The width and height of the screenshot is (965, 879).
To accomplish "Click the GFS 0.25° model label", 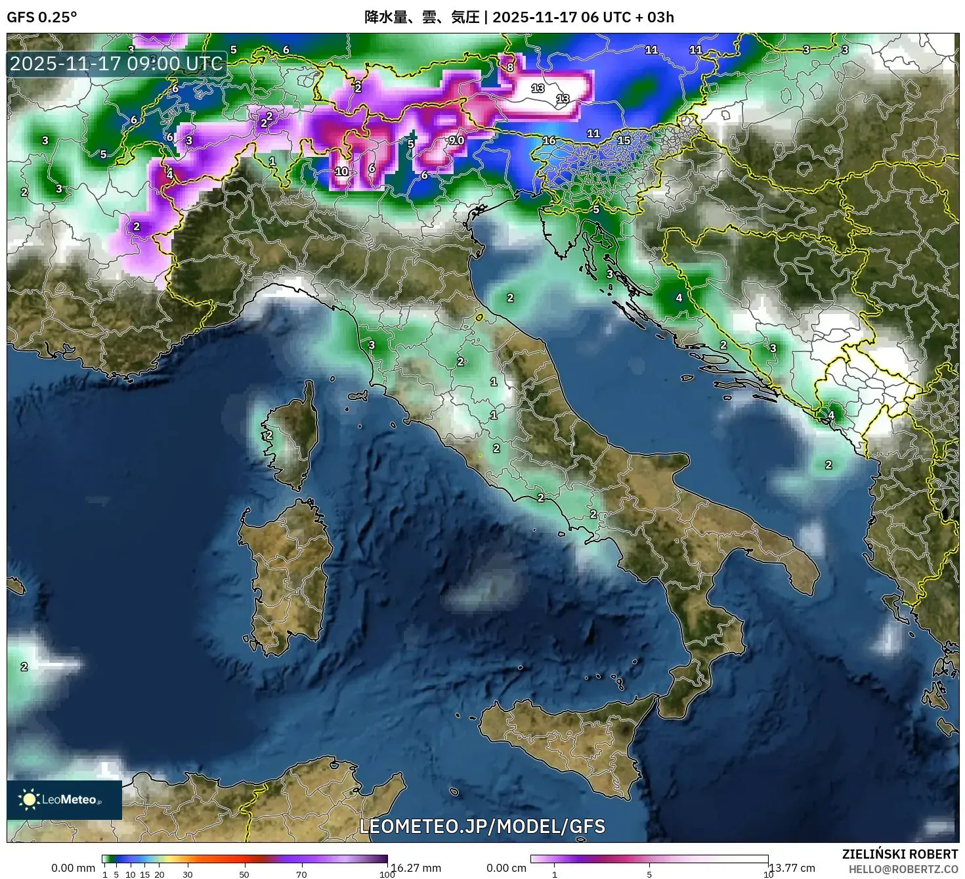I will (41, 17).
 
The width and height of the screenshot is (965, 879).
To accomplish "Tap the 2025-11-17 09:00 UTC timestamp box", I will (117, 64).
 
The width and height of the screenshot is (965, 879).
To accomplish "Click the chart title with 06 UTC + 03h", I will (519, 17).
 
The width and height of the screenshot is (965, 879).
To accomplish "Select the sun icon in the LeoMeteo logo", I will (29, 800).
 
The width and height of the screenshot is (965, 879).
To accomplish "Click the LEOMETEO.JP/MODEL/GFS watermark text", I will (482, 826).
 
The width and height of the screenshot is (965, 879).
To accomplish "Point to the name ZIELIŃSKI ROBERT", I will (900, 854).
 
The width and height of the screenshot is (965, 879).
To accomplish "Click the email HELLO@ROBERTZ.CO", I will (903, 868).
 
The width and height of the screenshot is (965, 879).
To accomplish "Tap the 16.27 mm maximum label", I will (416, 868).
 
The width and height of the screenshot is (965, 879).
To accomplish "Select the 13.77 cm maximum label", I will (792, 868).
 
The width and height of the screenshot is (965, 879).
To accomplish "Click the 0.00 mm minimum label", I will (73, 868).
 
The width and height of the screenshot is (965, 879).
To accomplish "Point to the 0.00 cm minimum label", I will (506, 868).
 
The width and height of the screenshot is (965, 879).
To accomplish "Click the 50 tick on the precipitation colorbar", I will (244, 874).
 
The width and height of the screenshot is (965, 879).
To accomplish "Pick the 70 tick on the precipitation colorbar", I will (301, 874).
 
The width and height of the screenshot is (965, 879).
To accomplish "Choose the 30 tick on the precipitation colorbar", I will (188, 874).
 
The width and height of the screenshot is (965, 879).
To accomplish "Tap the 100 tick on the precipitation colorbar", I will (387, 874).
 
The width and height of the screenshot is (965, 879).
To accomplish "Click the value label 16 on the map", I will (549, 141).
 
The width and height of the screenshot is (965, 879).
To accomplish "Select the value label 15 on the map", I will (624, 140).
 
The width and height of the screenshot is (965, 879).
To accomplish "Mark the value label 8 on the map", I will (510, 67).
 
